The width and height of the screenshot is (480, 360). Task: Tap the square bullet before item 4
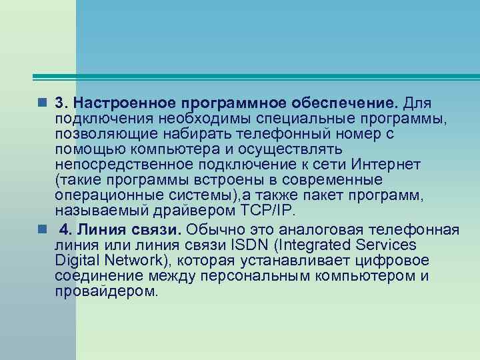pos(42,229)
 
